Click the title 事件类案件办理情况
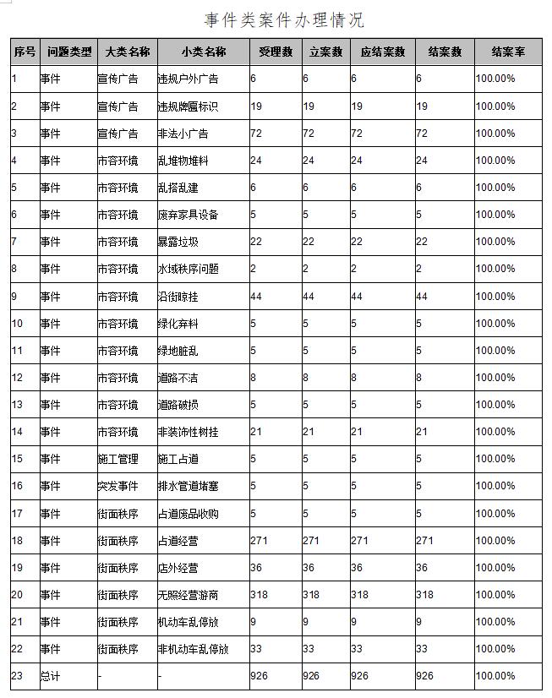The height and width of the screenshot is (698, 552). (284, 19)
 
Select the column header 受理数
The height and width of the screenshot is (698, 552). (276, 52)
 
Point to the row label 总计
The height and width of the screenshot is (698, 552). (51, 676)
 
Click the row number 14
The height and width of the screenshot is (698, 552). (18, 432)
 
